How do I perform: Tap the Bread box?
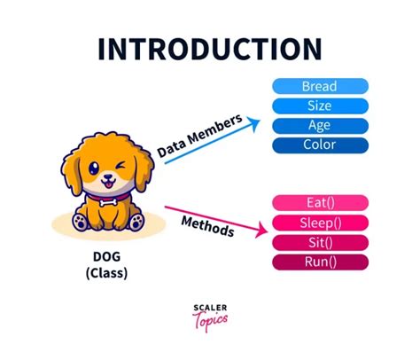click(x=319, y=87)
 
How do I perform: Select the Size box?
click(x=319, y=106)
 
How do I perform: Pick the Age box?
click(x=319, y=125)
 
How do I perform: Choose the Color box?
click(x=319, y=145)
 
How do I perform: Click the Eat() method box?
click(x=319, y=203)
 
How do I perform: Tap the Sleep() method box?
click(x=319, y=223)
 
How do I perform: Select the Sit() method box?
click(x=319, y=242)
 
